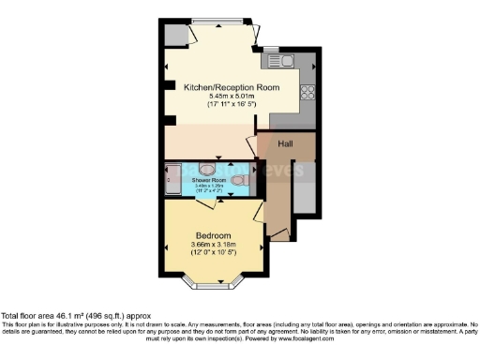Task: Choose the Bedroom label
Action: [x=213, y=235]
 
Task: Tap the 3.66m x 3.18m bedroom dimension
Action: [x=213, y=246]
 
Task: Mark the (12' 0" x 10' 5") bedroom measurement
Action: [x=213, y=255]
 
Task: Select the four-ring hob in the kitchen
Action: [x=307, y=91]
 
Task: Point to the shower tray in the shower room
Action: [x=173, y=178]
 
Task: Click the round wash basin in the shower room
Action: [x=208, y=170]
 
